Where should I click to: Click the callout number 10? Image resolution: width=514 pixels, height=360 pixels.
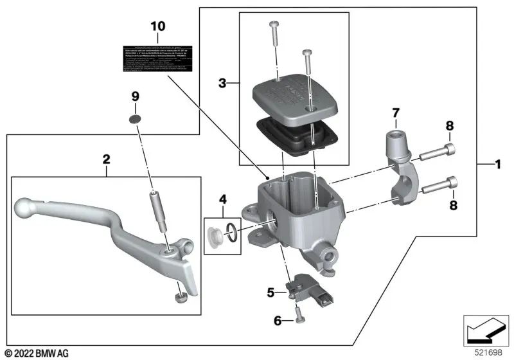pyautogui.click(x=158, y=26)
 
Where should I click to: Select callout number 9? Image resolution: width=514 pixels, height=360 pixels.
pyautogui.click(x=135, y=96)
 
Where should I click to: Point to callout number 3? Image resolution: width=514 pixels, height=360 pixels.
pyautogui.click(x=222, y=84)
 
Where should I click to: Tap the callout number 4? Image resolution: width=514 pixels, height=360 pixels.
pyautogui.click(x=222, y=199)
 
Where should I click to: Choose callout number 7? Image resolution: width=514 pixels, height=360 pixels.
pyautogui.click(x=396, y=114)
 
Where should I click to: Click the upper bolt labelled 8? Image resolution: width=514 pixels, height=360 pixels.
pyautogui.click(x=441, y=152)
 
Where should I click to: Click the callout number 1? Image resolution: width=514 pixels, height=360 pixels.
pyautogui.click(x=497, y=165)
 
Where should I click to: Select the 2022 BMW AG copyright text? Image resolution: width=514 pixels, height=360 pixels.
pyautogui.click(x=36, y=353)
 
